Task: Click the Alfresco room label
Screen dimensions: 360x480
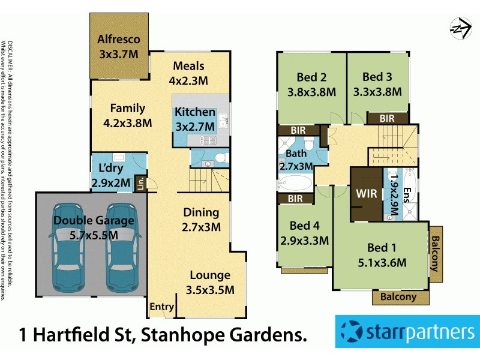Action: click(x=119, y=40)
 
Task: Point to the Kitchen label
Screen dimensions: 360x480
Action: click(x=195, y=112)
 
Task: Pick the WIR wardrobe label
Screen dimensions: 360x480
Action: click(x=366, y=194)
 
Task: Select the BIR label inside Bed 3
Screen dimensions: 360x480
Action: click(x=387, y=119)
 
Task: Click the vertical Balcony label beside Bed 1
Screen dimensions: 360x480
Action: click(x=436, y=254)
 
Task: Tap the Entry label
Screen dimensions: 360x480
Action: click(x=162, y=307)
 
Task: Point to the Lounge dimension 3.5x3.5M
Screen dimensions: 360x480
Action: click(x=210, y=290)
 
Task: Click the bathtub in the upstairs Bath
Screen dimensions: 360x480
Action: click(x=294, y=183)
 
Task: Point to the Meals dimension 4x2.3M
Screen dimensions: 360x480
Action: click(x=188, y=80)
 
